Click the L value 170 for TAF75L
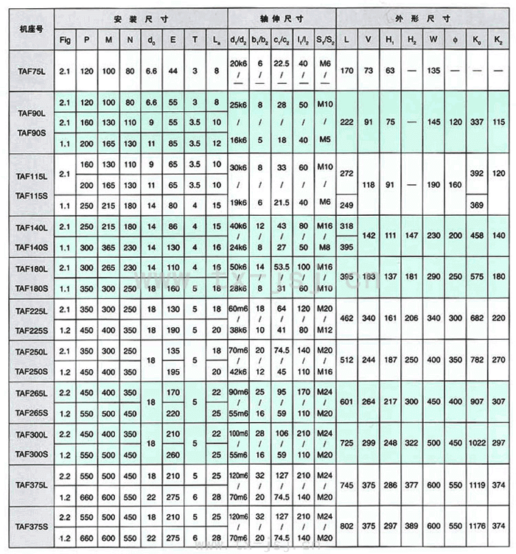tap(347, 71)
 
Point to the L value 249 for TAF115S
tap(347, 204)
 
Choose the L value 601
tap(347, 402)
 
